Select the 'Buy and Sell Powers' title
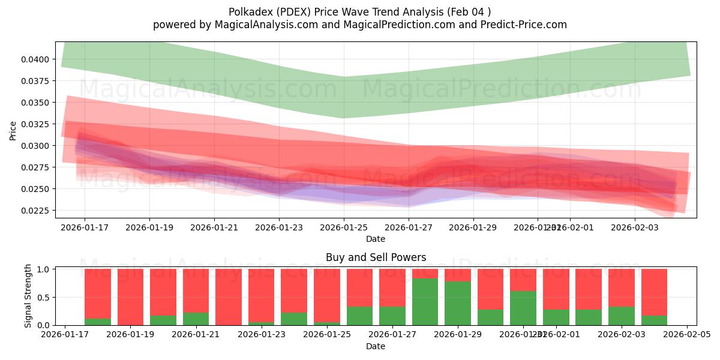pyautogui.click(x=376, y=257)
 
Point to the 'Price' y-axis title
pyautogui.click(x=13, y=130)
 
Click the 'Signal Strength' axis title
pyautogui.click(x=28, y=296)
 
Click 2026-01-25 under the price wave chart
pyautogui.click(x=344, y=228)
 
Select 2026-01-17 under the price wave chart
pyautogui.click(x=84, y=228)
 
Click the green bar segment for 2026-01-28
pyautogui.click(x=425, y=302)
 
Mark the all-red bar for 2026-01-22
pyautogui.click(x=229, y=297)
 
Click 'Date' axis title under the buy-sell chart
pyautogui.click(x=376, y=346)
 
